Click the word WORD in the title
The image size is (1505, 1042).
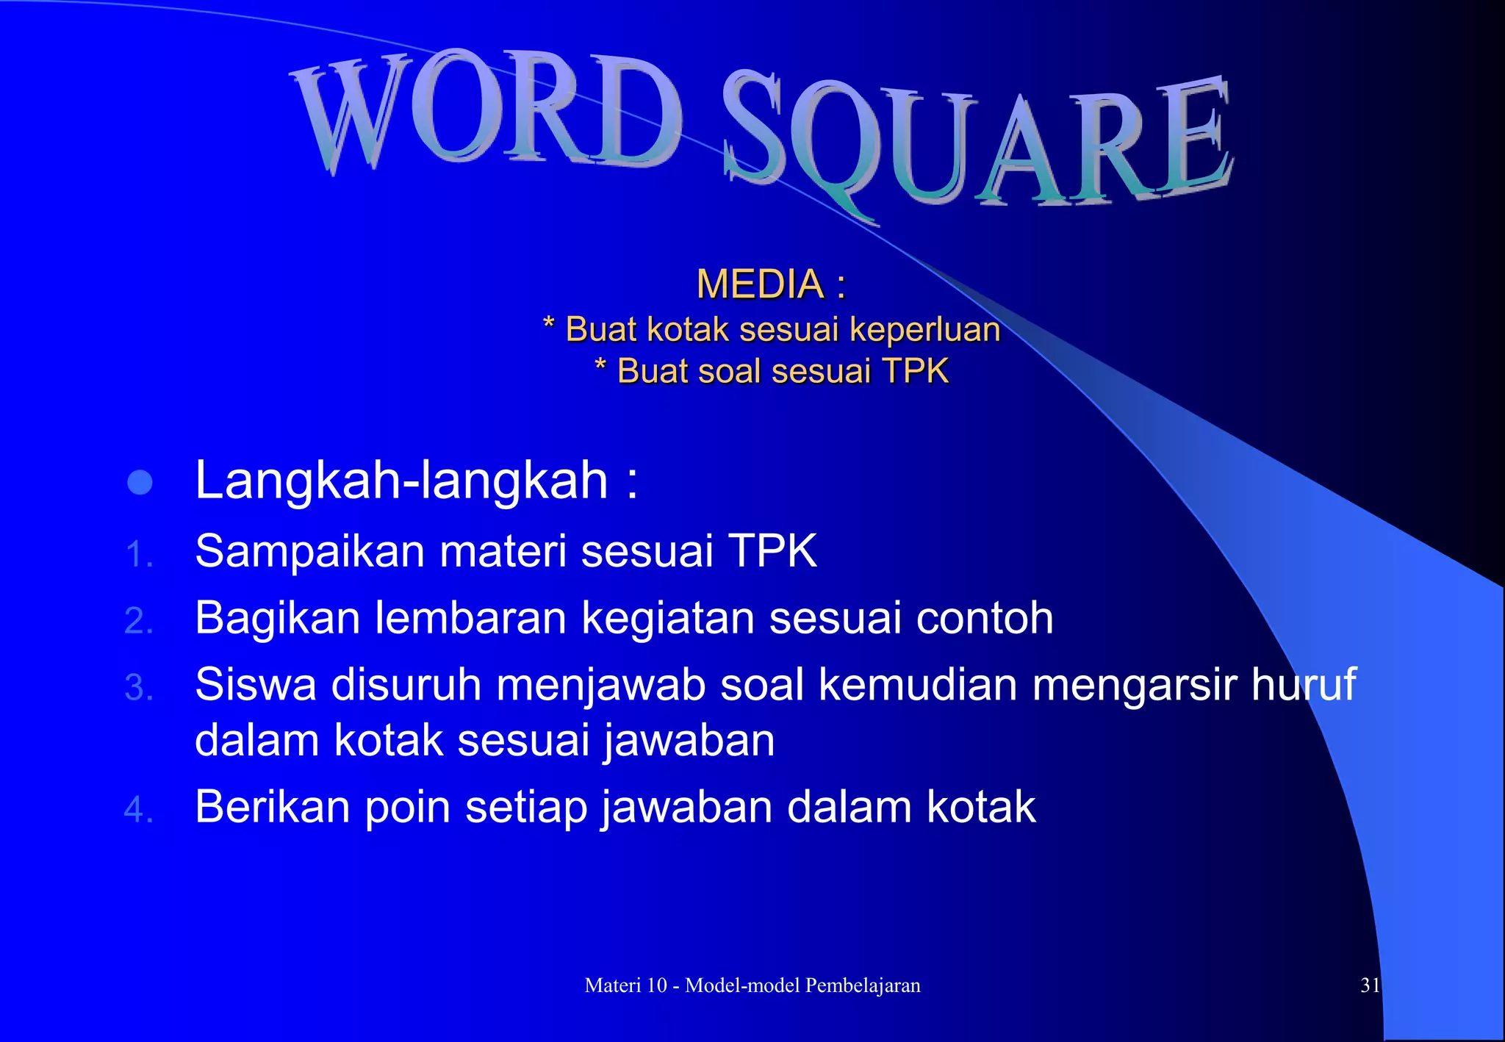[485, 110]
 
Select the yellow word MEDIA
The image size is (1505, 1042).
[760, 284]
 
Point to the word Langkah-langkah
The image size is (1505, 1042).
[401, 481]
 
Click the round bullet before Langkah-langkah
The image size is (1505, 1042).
[140, 483]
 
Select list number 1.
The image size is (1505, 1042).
[138, 553]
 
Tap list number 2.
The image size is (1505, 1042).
[138, 620]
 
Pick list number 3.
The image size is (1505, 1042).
[138, 687]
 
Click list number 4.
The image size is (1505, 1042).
[138, 810]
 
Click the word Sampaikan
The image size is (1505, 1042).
[309, 551]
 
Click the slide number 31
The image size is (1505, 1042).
[1370, 985]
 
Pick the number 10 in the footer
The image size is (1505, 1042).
[655, 985]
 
